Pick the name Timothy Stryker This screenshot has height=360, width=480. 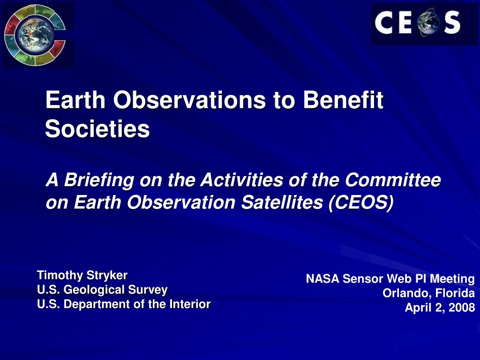pos(82,275)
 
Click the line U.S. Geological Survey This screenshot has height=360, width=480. pos(102,290)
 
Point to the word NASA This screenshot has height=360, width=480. pos(322,279)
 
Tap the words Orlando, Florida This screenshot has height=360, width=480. pos(428,293)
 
